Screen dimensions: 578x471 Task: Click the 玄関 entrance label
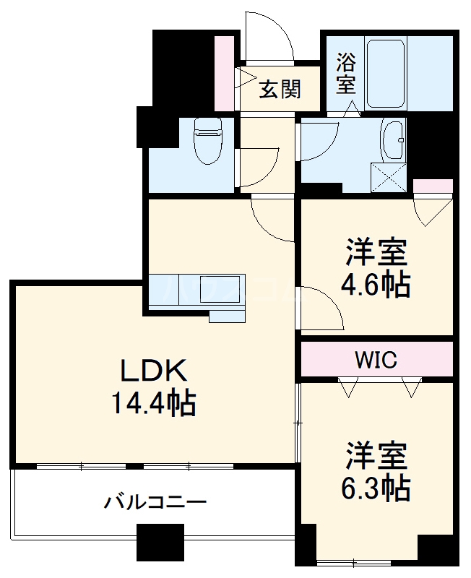(x=280, y=90)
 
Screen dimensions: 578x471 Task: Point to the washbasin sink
(x=394, y=139)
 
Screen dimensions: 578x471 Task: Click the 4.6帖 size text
(x=376, y=286)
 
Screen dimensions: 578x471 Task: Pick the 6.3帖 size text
(x=376, y=489)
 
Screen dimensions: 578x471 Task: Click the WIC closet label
(x=376, y=359)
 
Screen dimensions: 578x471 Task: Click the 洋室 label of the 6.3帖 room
(x=376, y=457)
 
